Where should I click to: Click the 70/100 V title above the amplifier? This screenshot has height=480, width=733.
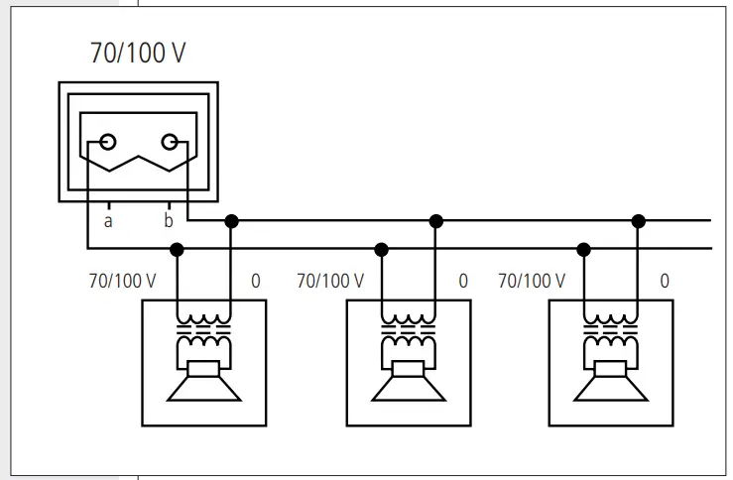[137, 54]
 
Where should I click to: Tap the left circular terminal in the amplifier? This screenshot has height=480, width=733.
[108, 142]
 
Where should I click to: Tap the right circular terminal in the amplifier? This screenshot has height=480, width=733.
[171, 142]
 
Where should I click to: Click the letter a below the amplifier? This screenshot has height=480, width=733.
[108, 221]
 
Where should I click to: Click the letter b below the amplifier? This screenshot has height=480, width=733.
[168, 220]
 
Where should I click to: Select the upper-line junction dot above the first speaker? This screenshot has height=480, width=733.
[231, 220]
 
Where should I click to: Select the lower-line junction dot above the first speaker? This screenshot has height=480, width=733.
[178, 249]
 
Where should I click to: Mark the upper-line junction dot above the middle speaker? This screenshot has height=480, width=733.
[435, 220]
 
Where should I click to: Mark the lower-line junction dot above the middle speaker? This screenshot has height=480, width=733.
[382, 249]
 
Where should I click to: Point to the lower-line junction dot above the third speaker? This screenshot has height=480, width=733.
[584, 249]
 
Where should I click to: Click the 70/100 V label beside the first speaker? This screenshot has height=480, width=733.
[122, 281]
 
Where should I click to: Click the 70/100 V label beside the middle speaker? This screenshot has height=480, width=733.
[330, 281]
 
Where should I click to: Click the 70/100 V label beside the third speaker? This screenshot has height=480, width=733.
[531, 281]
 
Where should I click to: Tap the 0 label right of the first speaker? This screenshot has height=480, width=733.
[256, 281]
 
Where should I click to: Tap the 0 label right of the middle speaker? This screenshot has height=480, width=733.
[462, 281]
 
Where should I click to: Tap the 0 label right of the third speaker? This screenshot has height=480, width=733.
[665, 281]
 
